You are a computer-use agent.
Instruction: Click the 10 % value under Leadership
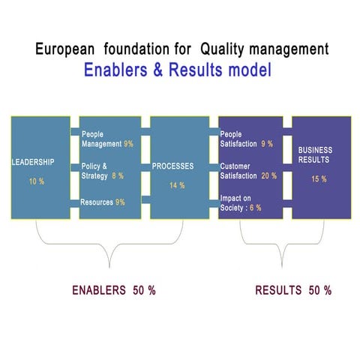36,181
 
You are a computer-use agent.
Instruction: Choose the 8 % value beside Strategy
118,175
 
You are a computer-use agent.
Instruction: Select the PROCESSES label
173,166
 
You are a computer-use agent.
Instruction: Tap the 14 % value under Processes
177,185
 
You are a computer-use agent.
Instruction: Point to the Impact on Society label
235,202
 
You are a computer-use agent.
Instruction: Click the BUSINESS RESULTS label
315,155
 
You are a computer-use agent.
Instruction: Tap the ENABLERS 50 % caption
113,290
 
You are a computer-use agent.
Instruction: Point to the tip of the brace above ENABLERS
110,267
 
